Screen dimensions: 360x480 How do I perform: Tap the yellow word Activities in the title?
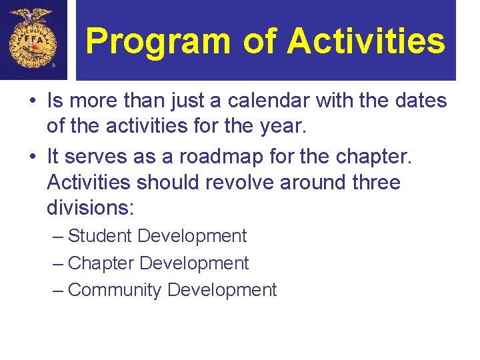point(366,41)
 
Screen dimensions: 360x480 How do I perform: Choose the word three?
point(372,182)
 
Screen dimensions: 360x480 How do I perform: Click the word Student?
point(100,236)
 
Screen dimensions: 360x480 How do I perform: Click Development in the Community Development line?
point(222,290)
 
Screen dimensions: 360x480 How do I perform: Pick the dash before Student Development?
point(58,236)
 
